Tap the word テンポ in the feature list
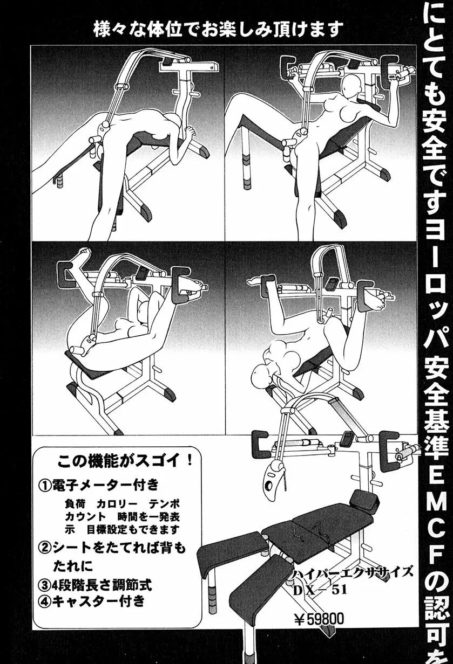(165, 503)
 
